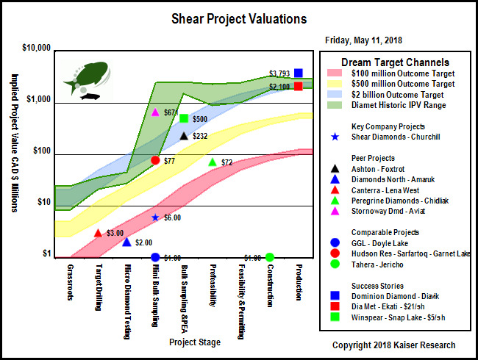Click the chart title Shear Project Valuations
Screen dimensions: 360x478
coord(238,18)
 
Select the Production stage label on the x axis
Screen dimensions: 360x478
coord(299,282)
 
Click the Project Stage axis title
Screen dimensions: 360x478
coord(194,342)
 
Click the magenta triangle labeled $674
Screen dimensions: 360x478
coord(155,112)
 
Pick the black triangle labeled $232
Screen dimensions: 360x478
coord(183,136)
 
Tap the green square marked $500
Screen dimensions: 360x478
coord(183,118)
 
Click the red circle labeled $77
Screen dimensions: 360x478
coord(155,160)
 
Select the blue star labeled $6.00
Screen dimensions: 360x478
coord(155,217)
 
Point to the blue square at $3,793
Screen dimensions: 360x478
coord(299,73)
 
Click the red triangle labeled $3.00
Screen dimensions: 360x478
coord(99,233)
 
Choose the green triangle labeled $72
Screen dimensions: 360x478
coord(213,162)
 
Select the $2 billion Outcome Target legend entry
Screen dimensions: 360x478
coord(397,95)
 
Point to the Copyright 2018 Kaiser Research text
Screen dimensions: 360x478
coord(393,345)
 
